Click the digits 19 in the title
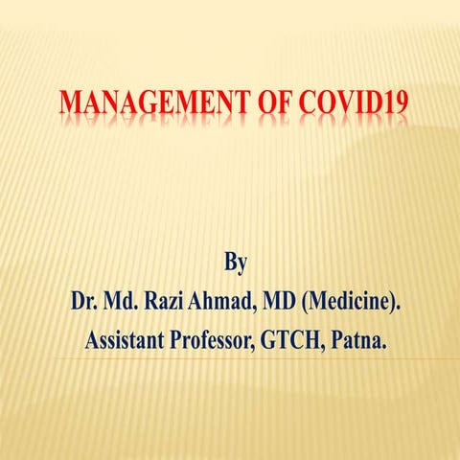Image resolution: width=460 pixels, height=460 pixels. (x=389, y=102)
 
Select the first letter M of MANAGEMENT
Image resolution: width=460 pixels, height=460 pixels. (x=69, y=102)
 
